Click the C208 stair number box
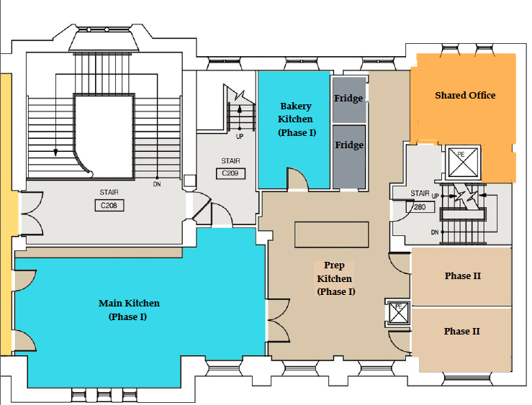(x=109, y=206)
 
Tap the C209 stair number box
(x=230, y=173)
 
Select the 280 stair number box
(x=420, y=206)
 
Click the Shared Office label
(x=465, y=95)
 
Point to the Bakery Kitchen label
(x=296, y=119)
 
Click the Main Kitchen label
(x=129, y=310)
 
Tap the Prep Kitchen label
(x=335, y=278)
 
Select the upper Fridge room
(x=348, y=100)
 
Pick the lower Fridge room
(x=349, y=157)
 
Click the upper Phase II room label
(x=463, y=276)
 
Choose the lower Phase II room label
(x=462, y=331)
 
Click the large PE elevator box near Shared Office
(x=463, y=163)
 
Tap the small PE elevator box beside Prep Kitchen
(x=399, y=312)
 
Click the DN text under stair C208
(x=157, y=184)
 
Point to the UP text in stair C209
(x=240, y=137)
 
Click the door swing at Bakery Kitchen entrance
(x=298, y=178)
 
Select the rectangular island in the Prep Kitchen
(x=331, y=235)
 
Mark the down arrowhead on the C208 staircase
(x=55, y=153)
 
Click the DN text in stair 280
(x=435, y=232)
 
